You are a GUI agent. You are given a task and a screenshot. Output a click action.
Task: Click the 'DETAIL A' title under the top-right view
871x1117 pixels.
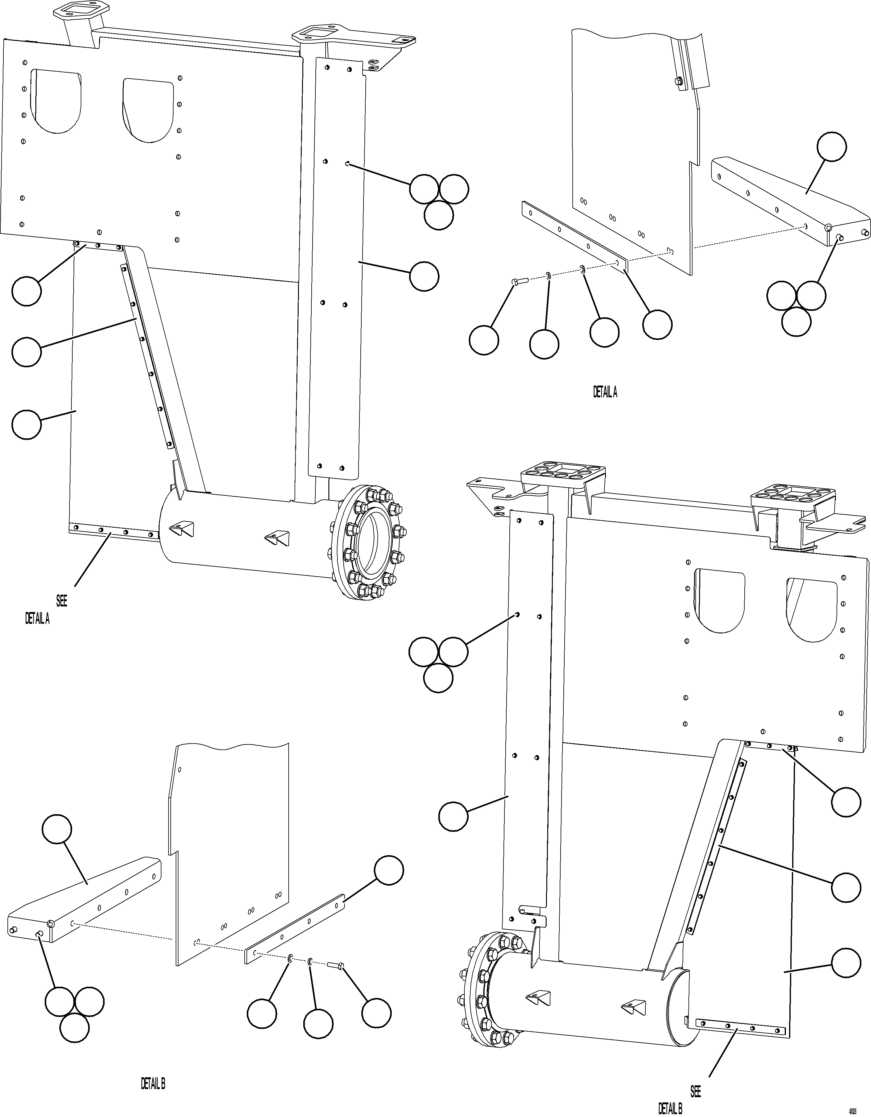click(605, 392)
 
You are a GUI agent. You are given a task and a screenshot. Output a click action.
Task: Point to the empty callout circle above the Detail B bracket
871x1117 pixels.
click(57, 829)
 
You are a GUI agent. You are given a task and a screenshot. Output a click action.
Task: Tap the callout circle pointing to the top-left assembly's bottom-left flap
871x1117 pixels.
click(27, 425)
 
